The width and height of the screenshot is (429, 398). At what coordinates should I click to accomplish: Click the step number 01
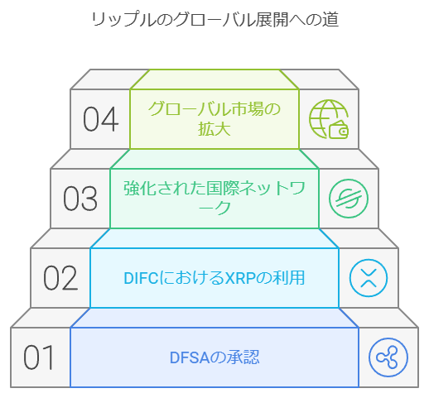click(x=39, y=357)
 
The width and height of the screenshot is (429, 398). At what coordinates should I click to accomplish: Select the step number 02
click(x=60, y=277)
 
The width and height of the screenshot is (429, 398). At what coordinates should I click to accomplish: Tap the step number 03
click(x=80, y=198)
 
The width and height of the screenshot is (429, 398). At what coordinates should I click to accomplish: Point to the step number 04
click(x=101, y=119)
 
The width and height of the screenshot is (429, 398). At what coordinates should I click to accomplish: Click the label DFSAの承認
click(x=214, y=357)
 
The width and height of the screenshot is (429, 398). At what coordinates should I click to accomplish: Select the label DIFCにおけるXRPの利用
click(x=214, y=278)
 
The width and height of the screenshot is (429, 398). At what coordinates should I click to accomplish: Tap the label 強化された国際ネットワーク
click(x=214, y=198)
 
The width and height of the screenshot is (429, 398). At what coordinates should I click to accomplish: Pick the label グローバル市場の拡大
click(x=214, y=118)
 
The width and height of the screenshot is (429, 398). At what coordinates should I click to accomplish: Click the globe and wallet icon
click(x=329, y=119)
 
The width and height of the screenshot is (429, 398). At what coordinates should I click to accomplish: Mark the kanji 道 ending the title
click(x=330, y=20)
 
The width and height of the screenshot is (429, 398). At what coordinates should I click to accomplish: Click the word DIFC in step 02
click(x=141, y=278)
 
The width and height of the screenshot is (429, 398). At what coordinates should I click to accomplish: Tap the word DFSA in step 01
click(x=190, y=357)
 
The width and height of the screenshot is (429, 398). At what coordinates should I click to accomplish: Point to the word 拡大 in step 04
click(x=214, y=129)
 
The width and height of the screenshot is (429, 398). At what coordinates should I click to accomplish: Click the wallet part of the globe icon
click(x=339, y=130)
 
